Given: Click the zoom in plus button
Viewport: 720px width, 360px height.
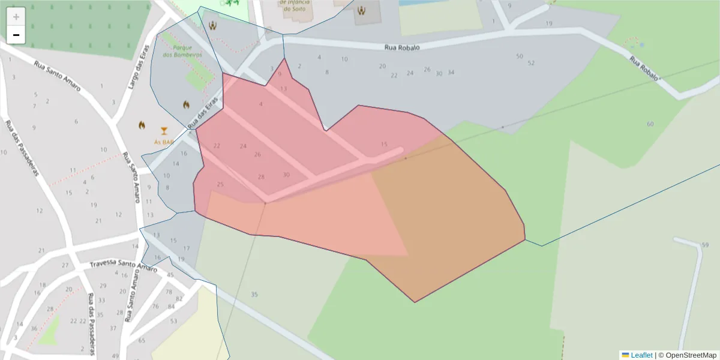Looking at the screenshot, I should pos(16,17).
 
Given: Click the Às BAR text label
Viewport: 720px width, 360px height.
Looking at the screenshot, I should pos(163,142).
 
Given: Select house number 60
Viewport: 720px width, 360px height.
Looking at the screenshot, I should pos(650,124).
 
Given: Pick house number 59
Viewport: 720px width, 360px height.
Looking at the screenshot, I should pos(705,245).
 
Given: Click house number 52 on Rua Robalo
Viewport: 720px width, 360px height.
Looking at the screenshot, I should pos(531,63).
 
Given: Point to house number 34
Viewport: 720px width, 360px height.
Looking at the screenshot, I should pos(451,73).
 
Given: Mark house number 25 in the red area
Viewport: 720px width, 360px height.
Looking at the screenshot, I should pos(220,184).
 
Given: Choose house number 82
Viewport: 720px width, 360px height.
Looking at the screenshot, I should pos(179,298).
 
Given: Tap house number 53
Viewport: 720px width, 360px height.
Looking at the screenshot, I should pos(174,322).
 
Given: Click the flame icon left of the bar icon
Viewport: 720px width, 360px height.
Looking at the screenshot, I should pos(142,125).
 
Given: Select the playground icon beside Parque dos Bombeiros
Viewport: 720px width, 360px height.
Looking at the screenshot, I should pos(212,25).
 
